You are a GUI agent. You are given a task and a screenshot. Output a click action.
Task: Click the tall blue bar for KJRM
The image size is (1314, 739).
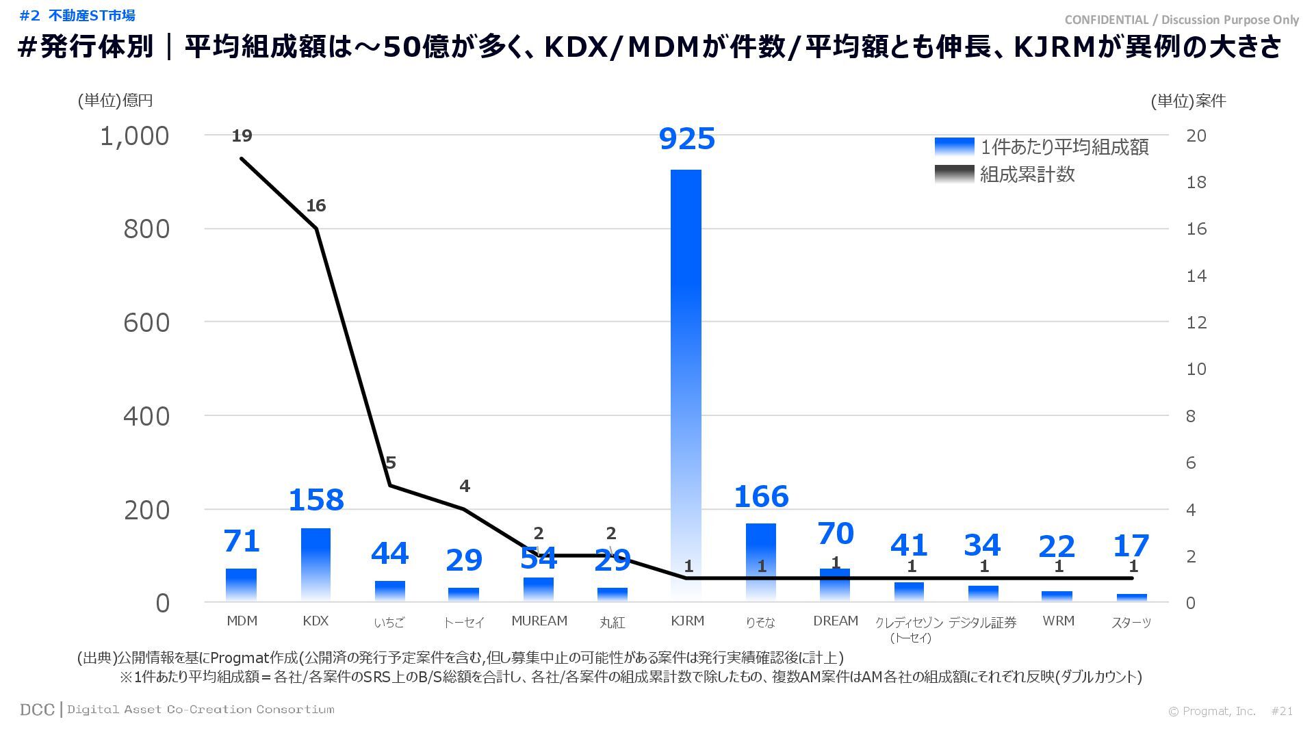[686, 383]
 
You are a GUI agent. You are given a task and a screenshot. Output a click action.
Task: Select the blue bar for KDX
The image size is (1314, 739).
[315, 565]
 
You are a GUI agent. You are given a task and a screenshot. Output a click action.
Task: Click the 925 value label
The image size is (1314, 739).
[686, 139]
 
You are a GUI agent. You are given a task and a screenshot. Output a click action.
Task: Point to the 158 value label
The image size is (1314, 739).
[315, 500]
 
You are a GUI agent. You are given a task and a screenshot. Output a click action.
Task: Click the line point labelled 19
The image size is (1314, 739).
[242, 159]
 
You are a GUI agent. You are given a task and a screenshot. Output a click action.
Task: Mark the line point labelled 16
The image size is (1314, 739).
[316, 229]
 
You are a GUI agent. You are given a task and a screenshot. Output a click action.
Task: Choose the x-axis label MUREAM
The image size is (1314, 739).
[539, 621]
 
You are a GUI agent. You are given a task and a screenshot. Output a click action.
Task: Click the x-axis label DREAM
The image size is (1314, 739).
[835, 621]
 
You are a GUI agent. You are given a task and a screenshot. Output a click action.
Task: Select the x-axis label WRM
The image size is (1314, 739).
[1058, 621]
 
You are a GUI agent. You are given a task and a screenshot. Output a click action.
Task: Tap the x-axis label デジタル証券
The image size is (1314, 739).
[982, 622]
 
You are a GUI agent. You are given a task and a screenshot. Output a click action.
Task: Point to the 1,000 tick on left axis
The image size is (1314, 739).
[135, 136]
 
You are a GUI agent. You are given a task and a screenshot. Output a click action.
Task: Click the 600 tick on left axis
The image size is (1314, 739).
[146, 322]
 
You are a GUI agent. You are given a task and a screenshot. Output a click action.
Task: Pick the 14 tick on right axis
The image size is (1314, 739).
[1196, 276]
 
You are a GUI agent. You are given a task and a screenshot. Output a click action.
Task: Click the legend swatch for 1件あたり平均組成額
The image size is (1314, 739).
[954, 147]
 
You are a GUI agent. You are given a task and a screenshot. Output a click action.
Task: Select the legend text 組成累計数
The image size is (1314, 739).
[1027, 174]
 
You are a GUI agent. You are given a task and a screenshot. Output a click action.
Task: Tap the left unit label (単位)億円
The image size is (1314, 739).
[115, 101]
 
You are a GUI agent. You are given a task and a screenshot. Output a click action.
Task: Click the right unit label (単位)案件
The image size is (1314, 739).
[1188, 101]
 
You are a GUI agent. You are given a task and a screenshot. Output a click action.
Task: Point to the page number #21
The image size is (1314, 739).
[1282, 711]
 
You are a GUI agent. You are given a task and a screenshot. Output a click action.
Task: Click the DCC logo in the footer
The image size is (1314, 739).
[37, 710]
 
